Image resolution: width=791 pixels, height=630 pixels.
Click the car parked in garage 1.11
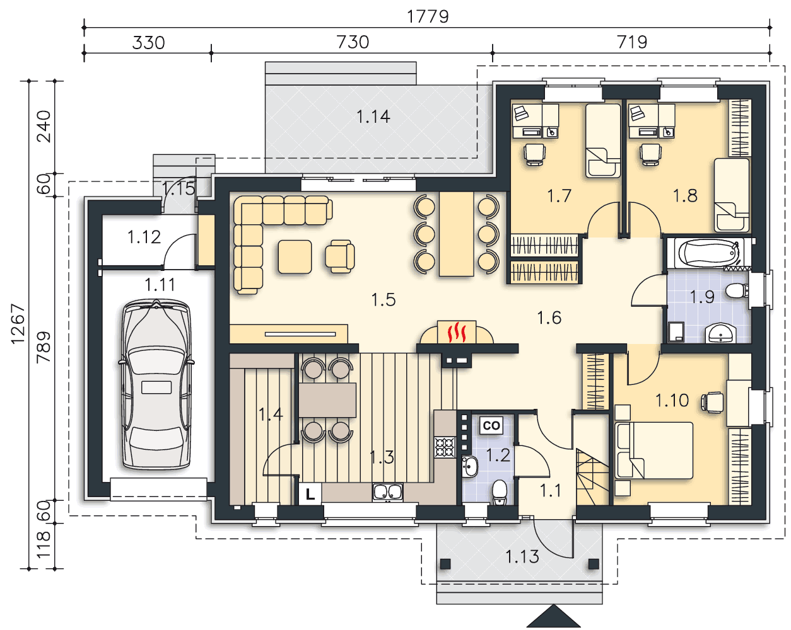[156, 384]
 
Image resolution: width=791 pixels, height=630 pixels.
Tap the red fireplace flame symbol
[456, 332]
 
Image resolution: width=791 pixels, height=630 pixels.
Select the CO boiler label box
[491, 425]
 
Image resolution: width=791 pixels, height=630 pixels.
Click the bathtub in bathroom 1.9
[707, 253]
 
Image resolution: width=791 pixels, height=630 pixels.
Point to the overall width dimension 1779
[428, 16]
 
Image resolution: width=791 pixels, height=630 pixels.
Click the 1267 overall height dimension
[18, 324]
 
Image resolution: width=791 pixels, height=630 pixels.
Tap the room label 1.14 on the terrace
[373, 117]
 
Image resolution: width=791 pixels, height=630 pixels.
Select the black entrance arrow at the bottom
[554, 616]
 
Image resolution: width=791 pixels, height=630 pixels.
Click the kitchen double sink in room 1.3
[387, 491]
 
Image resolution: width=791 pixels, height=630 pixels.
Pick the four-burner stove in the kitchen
[445, 447]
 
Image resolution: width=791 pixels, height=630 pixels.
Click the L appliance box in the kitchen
[310, 494]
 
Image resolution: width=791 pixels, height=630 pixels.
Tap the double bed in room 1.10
[653, 450]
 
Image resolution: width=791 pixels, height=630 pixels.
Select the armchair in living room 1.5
[340, 256]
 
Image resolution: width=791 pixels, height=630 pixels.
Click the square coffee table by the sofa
[295, 256]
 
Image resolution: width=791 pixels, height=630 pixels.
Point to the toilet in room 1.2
[500, 492]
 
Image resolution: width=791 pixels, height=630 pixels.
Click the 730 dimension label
[353, 42]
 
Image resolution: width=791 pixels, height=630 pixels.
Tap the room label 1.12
[144, 237]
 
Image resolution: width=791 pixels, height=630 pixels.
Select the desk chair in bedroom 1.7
[534, 154]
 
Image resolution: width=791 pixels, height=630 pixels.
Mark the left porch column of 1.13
[445, 564]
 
